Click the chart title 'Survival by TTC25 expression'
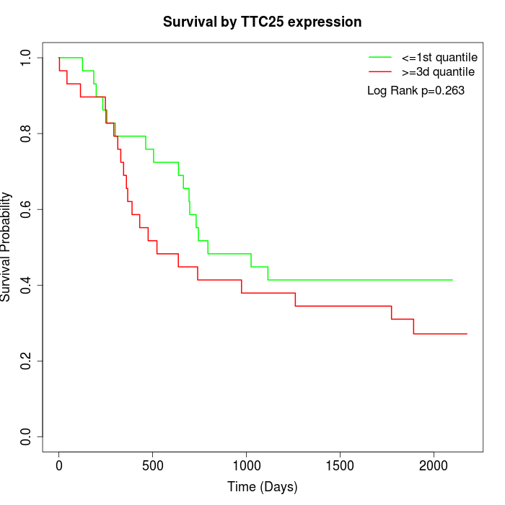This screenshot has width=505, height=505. pos(262,22)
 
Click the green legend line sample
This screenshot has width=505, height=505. pos(380,56)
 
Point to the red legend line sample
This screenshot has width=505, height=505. pos(380,72)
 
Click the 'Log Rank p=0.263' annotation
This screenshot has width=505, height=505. pos(416,91)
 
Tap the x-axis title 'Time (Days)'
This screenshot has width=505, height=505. pos(262,487)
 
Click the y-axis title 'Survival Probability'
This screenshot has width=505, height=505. pos(7,247)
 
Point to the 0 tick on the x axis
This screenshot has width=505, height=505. pos(59,465)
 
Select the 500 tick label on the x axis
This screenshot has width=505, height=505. pos(153,465)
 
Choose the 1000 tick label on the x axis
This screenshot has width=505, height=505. pos(246,465)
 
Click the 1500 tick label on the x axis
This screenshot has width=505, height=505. pos(340,465)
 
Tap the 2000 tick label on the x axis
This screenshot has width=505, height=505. pos(434,465)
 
